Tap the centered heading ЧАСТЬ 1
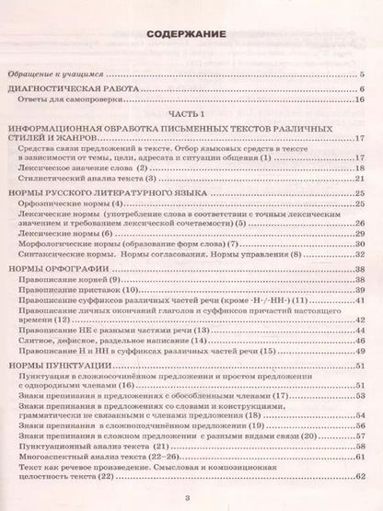coord(191,107)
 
